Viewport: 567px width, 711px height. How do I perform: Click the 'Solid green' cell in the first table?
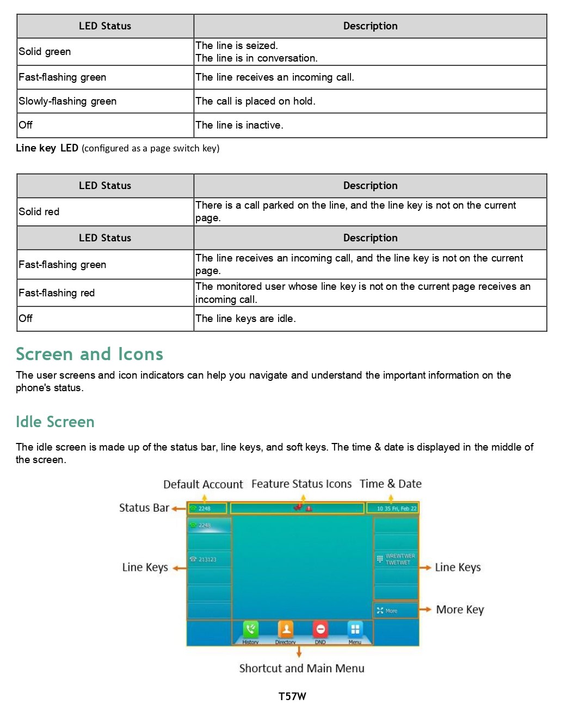[x=105, y=52]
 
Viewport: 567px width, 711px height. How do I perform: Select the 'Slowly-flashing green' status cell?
[x=105, y=101]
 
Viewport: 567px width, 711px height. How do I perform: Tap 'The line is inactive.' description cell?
[x=370, y=125]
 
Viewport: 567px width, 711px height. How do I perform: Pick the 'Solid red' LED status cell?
[x=105, y=212]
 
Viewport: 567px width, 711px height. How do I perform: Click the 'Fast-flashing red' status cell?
[x=105, y=293]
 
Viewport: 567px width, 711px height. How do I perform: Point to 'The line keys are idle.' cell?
[x=370, y=319]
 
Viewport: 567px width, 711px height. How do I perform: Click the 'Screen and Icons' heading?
[x=89, y=354]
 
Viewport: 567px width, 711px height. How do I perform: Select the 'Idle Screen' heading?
[x=55, y=422]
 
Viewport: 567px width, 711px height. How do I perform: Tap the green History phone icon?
[x=250, y=629]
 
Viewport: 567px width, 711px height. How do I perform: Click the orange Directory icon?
[x=286, y=629]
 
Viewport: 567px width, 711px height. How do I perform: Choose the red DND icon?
[x=321, y=629]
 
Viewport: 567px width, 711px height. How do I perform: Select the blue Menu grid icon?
[x=355, y=629]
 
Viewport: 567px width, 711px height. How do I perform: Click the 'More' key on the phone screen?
[x=396, y=611]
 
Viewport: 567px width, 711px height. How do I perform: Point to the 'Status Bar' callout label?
[x=144, y=508]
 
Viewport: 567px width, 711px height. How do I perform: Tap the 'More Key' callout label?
[x=460, y=610]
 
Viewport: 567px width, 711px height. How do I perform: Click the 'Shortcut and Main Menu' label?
[x=301, y=669]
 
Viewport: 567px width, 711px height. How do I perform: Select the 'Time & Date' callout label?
[x=390, y=484]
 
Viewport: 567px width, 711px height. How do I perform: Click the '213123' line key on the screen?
[x=209, y=560]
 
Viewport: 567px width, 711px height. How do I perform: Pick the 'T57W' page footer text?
[x=292, y=696]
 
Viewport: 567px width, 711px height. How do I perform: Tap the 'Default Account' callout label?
[x=203, y=484]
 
